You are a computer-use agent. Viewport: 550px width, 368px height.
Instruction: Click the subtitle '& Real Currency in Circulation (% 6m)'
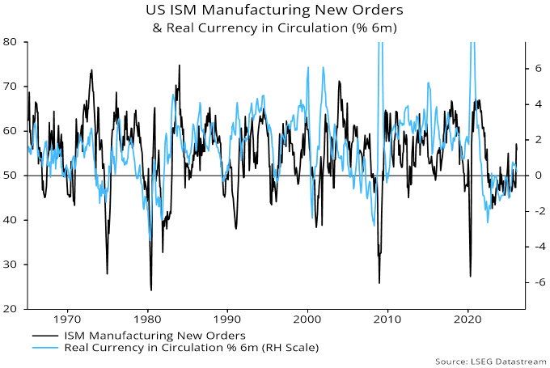point(275,27)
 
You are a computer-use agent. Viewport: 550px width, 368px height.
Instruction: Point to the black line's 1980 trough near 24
point(150,290)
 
